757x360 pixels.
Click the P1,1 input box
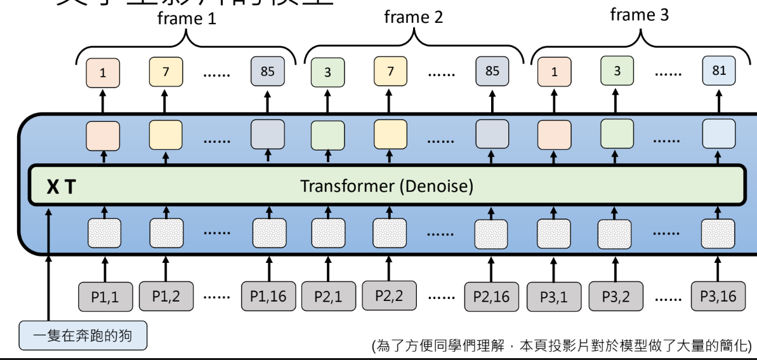tap(105, 297)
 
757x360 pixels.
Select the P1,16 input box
tap(268, 297)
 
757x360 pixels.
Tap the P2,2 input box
tap(390, 296)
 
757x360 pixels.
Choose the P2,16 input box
tap(492, 297)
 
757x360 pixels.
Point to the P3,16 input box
tap(718, 296)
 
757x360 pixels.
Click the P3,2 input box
tap(615, 297)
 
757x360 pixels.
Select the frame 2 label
tap(413, 18)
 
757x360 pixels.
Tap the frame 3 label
tap(639, 15)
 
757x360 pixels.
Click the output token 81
tap(718, 71)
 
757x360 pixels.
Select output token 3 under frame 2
tap(327, 72)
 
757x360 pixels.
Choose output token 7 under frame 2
tap(390, 71)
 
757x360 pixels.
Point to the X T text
tap(61, 187)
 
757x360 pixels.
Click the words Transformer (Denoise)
tap(386, 187)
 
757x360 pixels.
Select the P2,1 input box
tap(328, 297)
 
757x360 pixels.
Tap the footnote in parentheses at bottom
tap(561, 347)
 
